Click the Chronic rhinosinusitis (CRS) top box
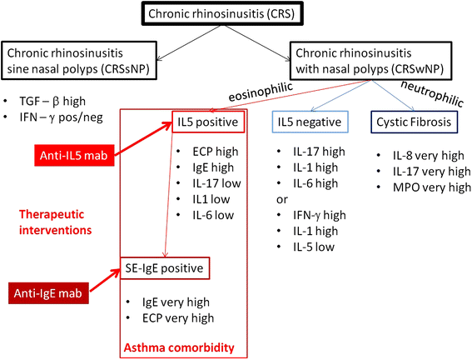point(235,16)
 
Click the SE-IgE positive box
point(176,268)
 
